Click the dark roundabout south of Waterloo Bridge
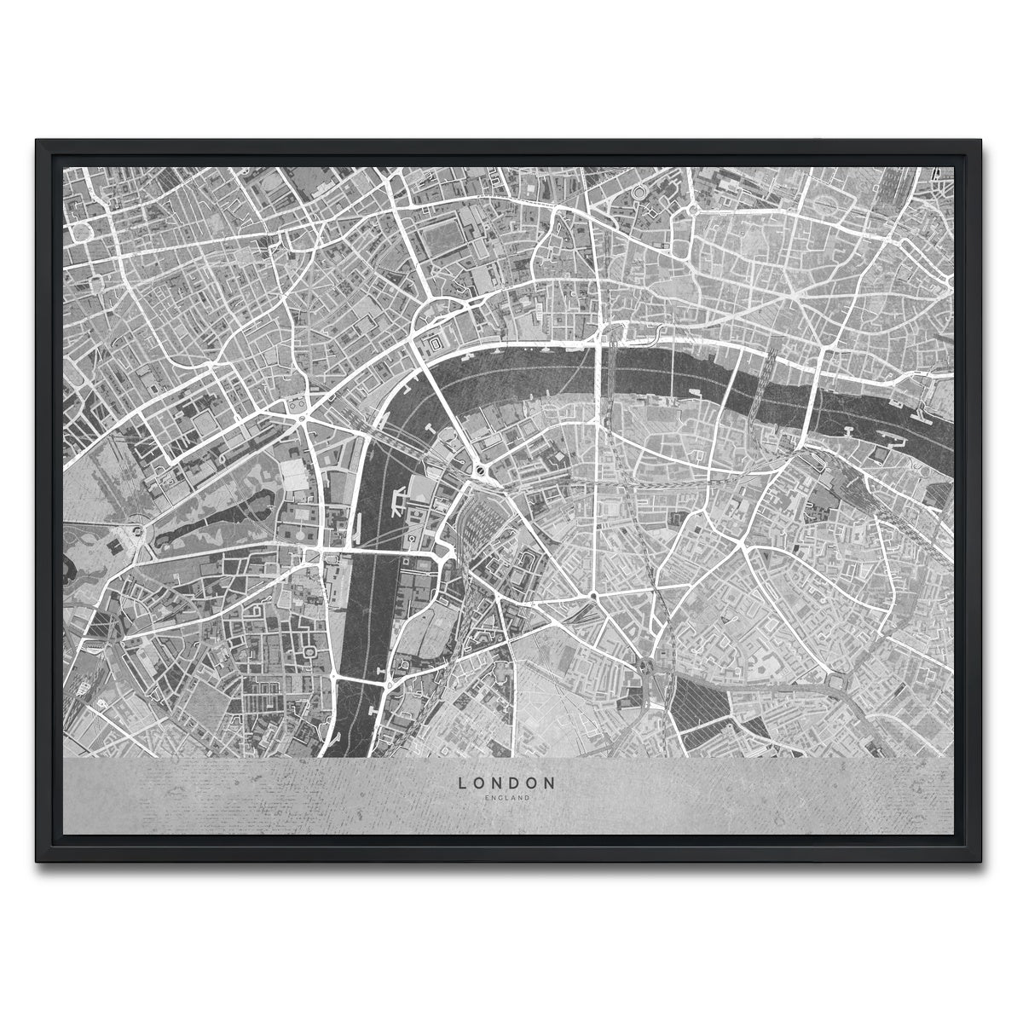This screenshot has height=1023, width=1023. tap(479, 470)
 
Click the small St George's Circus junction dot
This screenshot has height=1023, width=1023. tap(592, 594)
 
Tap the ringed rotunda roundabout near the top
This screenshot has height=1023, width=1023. tap(638, 194)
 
